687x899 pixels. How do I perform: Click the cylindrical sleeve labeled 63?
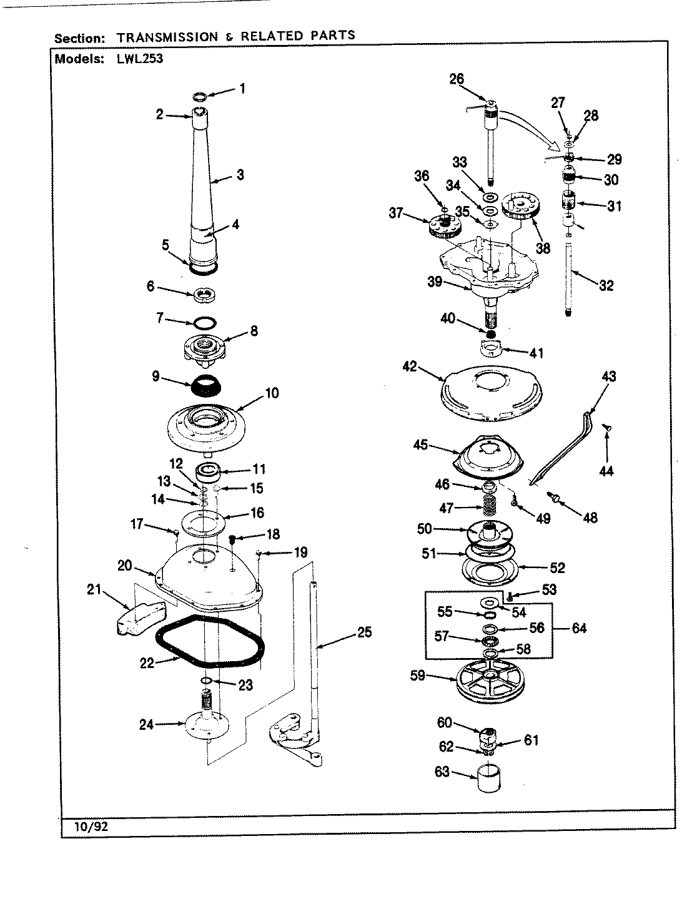490,780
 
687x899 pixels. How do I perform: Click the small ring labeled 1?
200,97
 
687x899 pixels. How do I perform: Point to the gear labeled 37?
444,225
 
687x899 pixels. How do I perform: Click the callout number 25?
364,632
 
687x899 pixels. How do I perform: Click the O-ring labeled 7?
203,322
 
